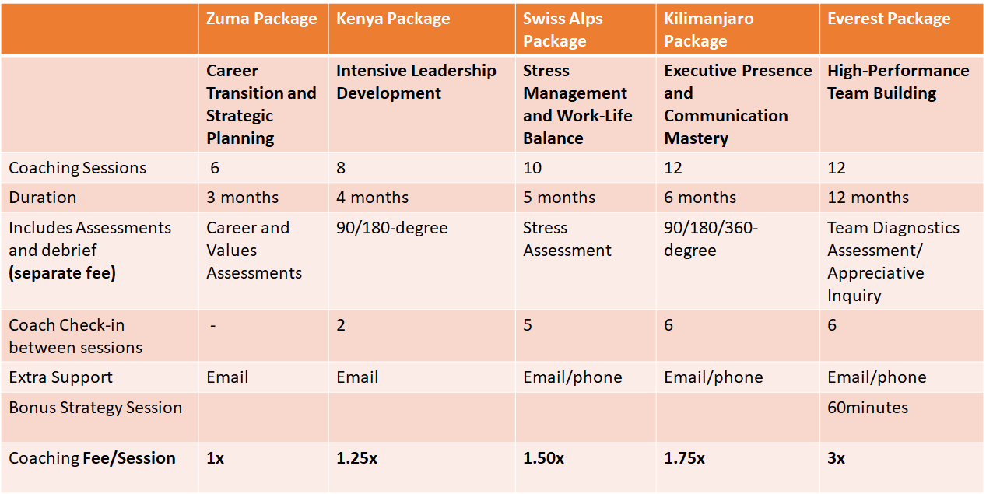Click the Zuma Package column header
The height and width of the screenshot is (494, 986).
point(261,19)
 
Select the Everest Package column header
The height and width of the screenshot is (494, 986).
point(889,19)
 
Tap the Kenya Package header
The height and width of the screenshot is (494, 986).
point(393,19)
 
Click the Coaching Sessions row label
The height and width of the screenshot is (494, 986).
point(78,168)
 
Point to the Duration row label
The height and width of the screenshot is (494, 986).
point(43,198)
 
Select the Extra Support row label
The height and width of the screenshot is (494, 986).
point(61,377)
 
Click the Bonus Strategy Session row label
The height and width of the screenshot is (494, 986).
point(96,408)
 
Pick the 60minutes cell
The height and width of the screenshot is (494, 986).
point(868,408)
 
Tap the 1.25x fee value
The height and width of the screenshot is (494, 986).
point(356,458)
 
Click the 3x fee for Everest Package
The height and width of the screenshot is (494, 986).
point(836,458)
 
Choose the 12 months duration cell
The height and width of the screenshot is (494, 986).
point(868,198)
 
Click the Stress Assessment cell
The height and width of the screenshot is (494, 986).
point(567,240)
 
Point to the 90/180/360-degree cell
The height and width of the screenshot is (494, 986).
point(711,240)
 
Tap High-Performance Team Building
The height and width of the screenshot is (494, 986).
point(898,82)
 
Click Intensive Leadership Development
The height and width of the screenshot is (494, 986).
point(416,82)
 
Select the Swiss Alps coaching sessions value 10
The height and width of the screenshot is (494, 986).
point(533,168)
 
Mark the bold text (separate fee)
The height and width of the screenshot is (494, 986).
point(62,273)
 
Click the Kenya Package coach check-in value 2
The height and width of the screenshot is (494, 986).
point(341,325)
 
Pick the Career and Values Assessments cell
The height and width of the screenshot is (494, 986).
point(254,251)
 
